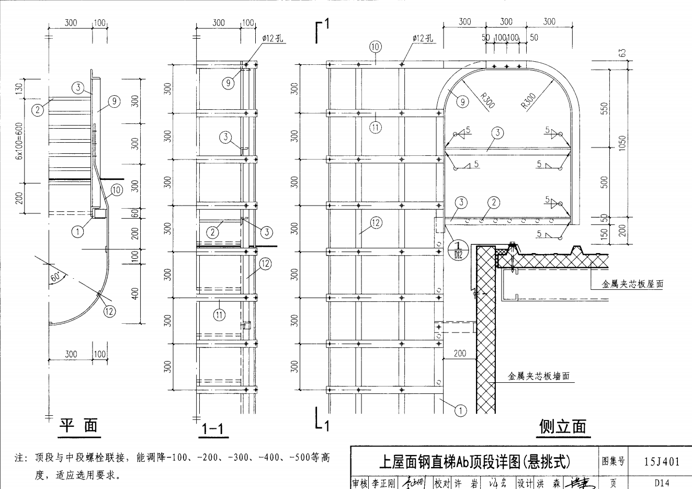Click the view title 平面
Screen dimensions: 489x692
pyautogui.click(x=78, y=426)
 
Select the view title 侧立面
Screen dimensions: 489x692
pyautogui.click(x=562, y=427)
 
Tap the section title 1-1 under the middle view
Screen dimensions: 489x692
pyautogui.click(x=213, y=429)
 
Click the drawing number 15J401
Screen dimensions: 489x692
pyautogui.click(x=662, y=461)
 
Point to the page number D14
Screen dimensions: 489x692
pyautogui.click(x=662, y=483)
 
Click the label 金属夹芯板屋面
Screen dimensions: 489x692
pyautogui.click(x=632, y=285)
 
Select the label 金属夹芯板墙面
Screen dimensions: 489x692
pyautogui.click(x=538, y=376)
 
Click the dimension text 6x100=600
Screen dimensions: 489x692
pyautogui.click(x=19, y=139)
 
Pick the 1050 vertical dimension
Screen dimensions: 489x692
pyautogui.click(x=622, y=142)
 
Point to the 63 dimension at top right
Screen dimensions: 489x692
pyautogui.click(x=622, y=54)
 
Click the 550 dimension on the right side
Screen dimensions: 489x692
pyautogui.click(x=605, y=108)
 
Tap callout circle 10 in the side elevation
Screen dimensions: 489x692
pyautogui.click(x=376, y=47)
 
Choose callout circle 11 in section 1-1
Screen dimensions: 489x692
pyautogui.click(x=219, y=314)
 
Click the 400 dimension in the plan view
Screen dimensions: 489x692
pyautogui.click(x=135, y=294)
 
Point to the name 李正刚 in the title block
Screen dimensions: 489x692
pyautogui.click(x=382, y=483)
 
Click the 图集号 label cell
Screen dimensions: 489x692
pyautogui.click(x=613, y=461)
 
